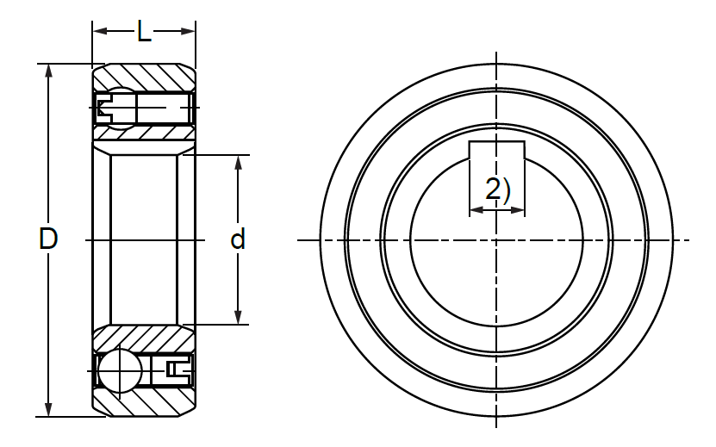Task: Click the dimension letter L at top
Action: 144,32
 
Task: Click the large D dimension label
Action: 48,239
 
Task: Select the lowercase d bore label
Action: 238,239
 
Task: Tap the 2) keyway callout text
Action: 497,189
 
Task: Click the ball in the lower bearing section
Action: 120,370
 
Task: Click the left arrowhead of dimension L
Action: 100,31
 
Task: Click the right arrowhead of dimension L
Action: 188,31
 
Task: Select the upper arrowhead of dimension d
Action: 238,163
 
